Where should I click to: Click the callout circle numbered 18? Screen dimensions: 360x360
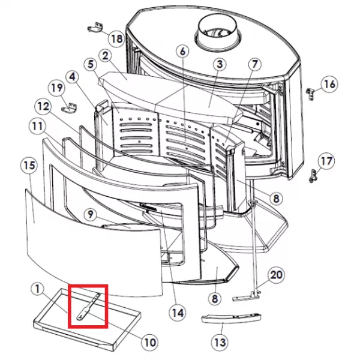(x=116, y=38)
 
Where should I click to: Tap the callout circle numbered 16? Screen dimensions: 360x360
(x=329, y=84)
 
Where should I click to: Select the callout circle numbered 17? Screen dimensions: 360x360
(x=326, y=161)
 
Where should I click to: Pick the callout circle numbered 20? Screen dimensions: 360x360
(x=276, y=275)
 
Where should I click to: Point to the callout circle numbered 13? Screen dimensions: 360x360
(x=220, y=342)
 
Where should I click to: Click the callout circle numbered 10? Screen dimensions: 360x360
(x=149, y=342)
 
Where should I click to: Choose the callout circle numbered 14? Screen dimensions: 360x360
(x=178, y=313)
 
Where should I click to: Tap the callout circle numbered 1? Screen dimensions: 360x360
(x=37, y=289)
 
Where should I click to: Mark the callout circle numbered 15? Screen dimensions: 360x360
(x=29, y=166)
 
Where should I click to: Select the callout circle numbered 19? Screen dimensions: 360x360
(x=57, y=88)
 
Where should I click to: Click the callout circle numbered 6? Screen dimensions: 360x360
(x=182, y=52)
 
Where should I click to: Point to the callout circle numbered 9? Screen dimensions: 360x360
(x=91, y=214)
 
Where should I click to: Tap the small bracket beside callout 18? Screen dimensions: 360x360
(x=95, y=28)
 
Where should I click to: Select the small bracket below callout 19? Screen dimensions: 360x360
(x=70, y=108)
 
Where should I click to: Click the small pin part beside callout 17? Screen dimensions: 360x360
(x=313, y=176)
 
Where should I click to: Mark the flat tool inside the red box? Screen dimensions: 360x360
(x=88, y=307)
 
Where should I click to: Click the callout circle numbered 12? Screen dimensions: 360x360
(x=43, y=106)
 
